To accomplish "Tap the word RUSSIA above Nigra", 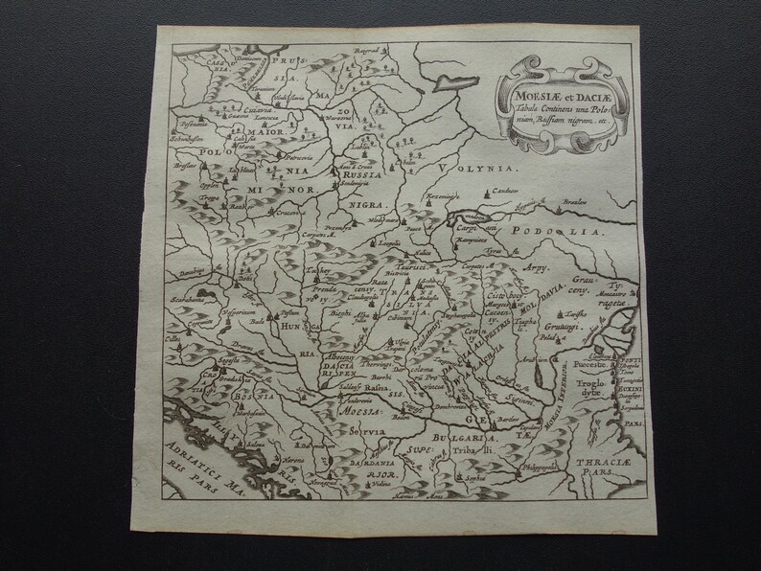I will [363, 177].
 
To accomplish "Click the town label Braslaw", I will [573, 202].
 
